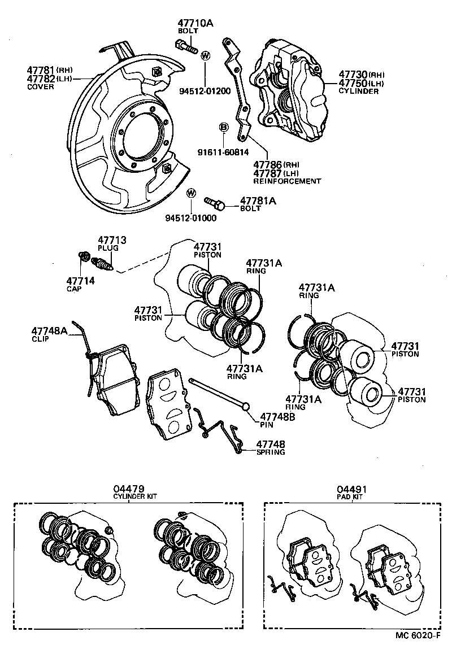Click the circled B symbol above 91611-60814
[224, 128]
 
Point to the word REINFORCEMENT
[287, 181]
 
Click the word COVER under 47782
[41, 87]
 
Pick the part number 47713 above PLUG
[112, 240]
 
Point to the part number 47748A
[49, 331]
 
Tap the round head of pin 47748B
[246, 406]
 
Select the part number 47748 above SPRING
[271, 444]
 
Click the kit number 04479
[129, 489]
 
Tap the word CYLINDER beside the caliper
[359, 91]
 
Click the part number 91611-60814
[223, 151]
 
